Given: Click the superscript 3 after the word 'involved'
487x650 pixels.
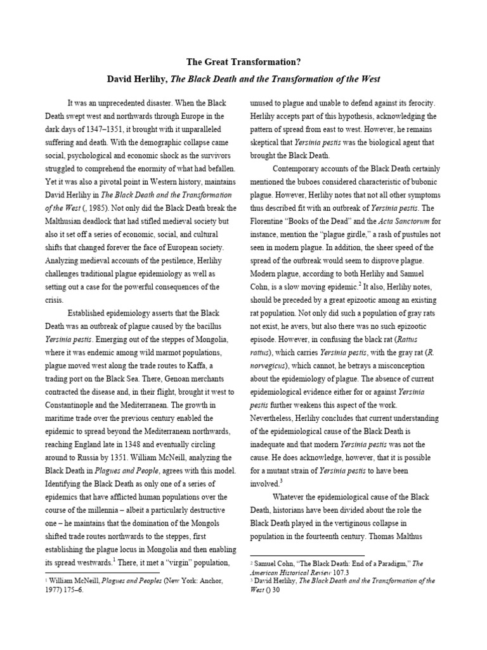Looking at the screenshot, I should tap(280, 481).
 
